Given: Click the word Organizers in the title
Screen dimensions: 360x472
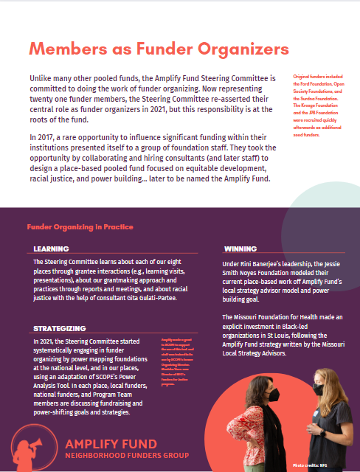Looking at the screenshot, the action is [243, 49].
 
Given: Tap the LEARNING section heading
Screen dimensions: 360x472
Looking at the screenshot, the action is [51, 249].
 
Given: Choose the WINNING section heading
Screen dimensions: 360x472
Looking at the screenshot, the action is [240, 249].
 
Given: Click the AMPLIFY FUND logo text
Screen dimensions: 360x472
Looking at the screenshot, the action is [110, 444].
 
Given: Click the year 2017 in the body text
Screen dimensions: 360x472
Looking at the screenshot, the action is [47, 137].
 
